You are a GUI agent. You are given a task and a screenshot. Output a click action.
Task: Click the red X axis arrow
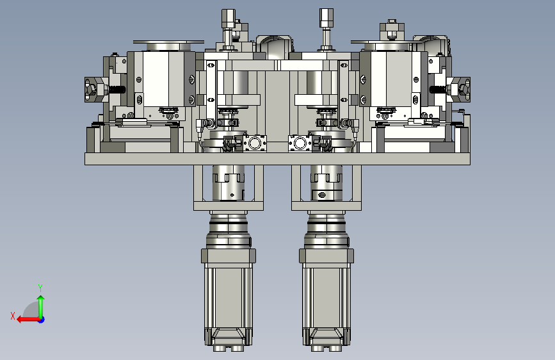coord(28,320)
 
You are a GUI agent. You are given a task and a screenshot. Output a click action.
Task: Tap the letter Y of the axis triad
coord(40,288)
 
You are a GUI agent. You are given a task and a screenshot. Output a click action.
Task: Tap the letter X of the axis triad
coord(13,316)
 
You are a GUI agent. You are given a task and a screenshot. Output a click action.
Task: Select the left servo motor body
coord(229,298)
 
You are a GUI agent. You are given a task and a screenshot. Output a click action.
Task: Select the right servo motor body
coord(326,298)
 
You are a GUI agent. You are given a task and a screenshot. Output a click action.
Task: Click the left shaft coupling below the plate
coord(229,183)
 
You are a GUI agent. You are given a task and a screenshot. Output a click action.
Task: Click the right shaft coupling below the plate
coord(326,183)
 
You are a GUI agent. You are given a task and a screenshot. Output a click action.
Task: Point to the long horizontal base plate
coord(278,159)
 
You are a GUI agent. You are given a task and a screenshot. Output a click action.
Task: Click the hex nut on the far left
coord(92,89)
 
